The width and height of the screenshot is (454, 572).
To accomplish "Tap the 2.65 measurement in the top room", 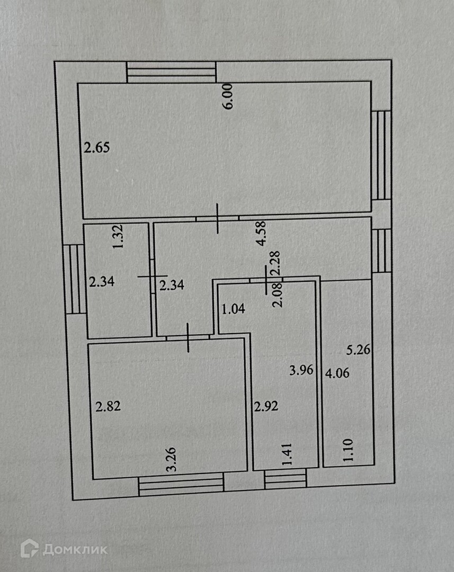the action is pyautogui.click(x=96, y=148).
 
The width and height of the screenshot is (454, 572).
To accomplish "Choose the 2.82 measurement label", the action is pyautogui.click(x=108, y=406).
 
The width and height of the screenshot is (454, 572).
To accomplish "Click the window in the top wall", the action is pyautogui.click(x=171, y=71).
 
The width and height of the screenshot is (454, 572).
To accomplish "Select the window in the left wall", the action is pyautogui.click(x=74, y=279).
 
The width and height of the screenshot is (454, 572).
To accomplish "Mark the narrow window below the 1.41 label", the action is pyautogui.click(x=286, y=480).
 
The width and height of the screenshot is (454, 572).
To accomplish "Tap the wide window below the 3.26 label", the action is pyautogui.click(x=181, y=485).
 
